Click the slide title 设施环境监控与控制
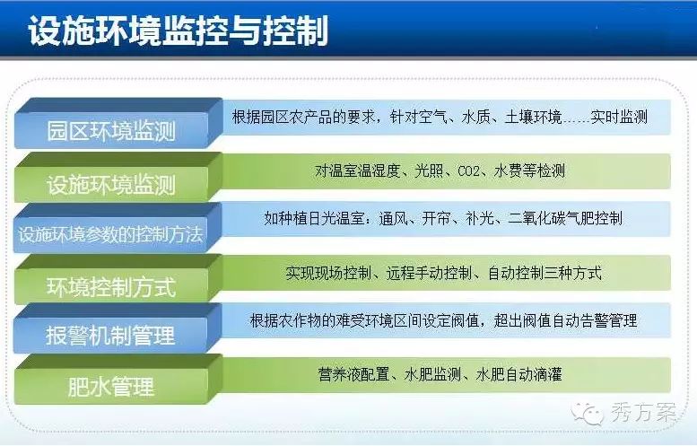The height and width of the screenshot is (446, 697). pyautogui.click(x=179, y=31)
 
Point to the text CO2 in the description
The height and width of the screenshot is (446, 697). pyautogui.click(x=468, y=171)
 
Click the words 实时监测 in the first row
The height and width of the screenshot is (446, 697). pyautogui.click(x=619, y=117)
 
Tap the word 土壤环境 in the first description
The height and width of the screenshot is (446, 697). pyautogui.click(x=534, y=117)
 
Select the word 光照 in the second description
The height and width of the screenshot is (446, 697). pyautogui.click(x=429, y=171)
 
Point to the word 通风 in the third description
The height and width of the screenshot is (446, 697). pyautogui.click(x=394, y=218)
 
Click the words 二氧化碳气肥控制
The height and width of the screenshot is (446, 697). pyautogui.click(x=565, y=218)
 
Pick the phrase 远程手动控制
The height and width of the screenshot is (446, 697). pyautogui.click(x=429, y=273)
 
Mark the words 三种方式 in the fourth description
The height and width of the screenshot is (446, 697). pyautogui.click(x=573, y=273)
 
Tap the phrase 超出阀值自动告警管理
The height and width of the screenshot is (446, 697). pyautogui.click(x=565, y=320)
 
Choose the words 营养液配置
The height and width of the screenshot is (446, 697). pyautogui.click(x=353, y=374)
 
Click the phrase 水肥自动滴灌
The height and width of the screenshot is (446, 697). pyautogui.click(x=518, y=374)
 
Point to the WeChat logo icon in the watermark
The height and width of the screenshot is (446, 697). pyautogui.click(x=588, y=414)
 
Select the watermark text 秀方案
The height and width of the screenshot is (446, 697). pyautogui.click(x=643, y=413)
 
